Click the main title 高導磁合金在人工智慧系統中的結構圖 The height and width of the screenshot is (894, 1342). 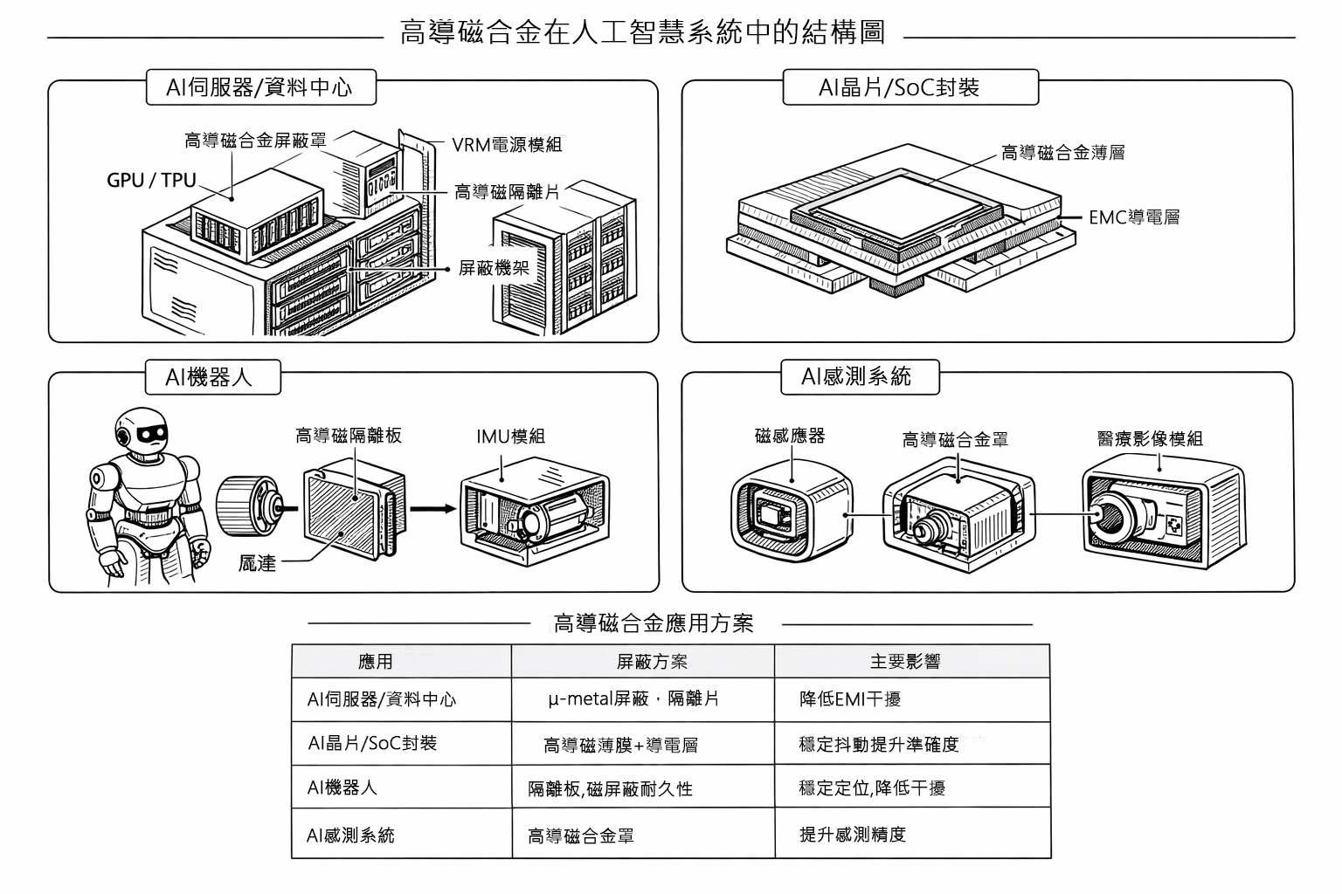(642, 32)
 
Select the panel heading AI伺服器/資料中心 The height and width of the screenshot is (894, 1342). (259, 87)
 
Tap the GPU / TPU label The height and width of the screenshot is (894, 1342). (151, 181)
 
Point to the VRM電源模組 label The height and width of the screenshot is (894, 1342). (507, 145)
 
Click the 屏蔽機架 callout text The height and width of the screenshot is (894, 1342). (494, 268)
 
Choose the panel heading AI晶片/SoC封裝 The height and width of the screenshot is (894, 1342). (899, 87)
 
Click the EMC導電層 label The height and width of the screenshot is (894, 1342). (1133, 217)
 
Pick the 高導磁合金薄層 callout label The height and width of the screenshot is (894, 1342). (1062, 154)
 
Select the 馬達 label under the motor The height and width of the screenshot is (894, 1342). (258, 563)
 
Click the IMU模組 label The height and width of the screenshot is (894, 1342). (510, 437)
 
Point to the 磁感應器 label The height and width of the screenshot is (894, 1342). (790, 436)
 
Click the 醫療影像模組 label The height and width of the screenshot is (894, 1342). (1150, 438)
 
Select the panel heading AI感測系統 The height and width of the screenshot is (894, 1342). (856, 376)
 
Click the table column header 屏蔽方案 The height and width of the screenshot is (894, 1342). (652, 662)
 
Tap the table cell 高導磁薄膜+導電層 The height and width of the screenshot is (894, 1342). (620, 746)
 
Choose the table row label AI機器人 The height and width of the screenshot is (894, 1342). (342, 787)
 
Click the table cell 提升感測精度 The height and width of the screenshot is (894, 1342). (853, 835)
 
